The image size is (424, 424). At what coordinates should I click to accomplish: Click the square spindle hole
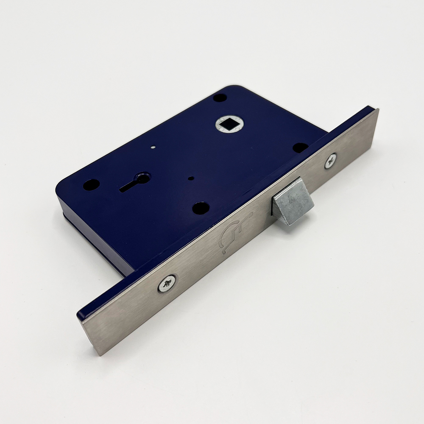(x=229, y=124)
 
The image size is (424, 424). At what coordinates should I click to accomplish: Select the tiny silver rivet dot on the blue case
(x=153, y=148)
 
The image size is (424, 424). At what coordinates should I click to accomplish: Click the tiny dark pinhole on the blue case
(x=190, y=179)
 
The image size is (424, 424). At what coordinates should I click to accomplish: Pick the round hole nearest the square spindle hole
(x=220, y=98)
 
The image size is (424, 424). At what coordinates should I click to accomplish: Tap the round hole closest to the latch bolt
(x=300, y=148)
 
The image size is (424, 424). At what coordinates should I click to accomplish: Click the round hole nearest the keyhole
(x=91, y=184)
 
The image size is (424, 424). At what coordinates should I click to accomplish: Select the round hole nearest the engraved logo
(x=201, y=208)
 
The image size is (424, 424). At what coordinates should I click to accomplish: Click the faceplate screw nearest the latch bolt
(x=330, y=160)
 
